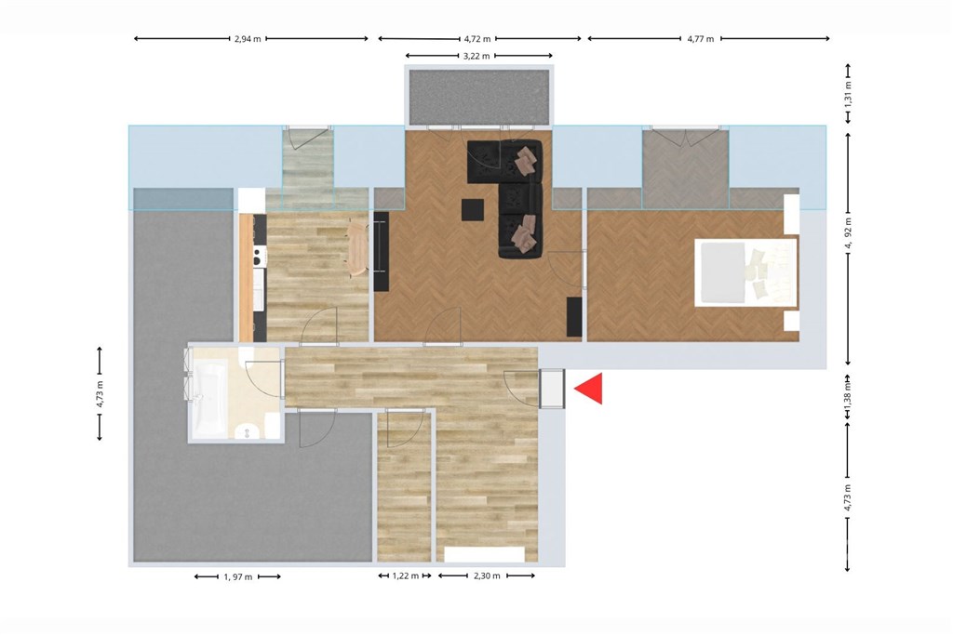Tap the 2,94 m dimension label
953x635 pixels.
click(248, 39)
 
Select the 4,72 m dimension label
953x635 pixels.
click(477, 39)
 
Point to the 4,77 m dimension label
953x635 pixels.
click(700, 39)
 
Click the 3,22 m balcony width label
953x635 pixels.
click(476, 56)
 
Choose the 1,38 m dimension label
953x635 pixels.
click(849, 392)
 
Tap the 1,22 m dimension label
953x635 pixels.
click(406, 575)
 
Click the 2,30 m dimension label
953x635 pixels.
click(487, 575)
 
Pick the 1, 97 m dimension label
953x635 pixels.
click(237, 576)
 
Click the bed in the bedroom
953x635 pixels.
click(745, 272)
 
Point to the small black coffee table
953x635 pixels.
click(472, 210)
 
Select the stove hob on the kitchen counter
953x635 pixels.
click(260, 257)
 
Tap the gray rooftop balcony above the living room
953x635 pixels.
click(479, 97)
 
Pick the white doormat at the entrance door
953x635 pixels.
click(552, 389)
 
